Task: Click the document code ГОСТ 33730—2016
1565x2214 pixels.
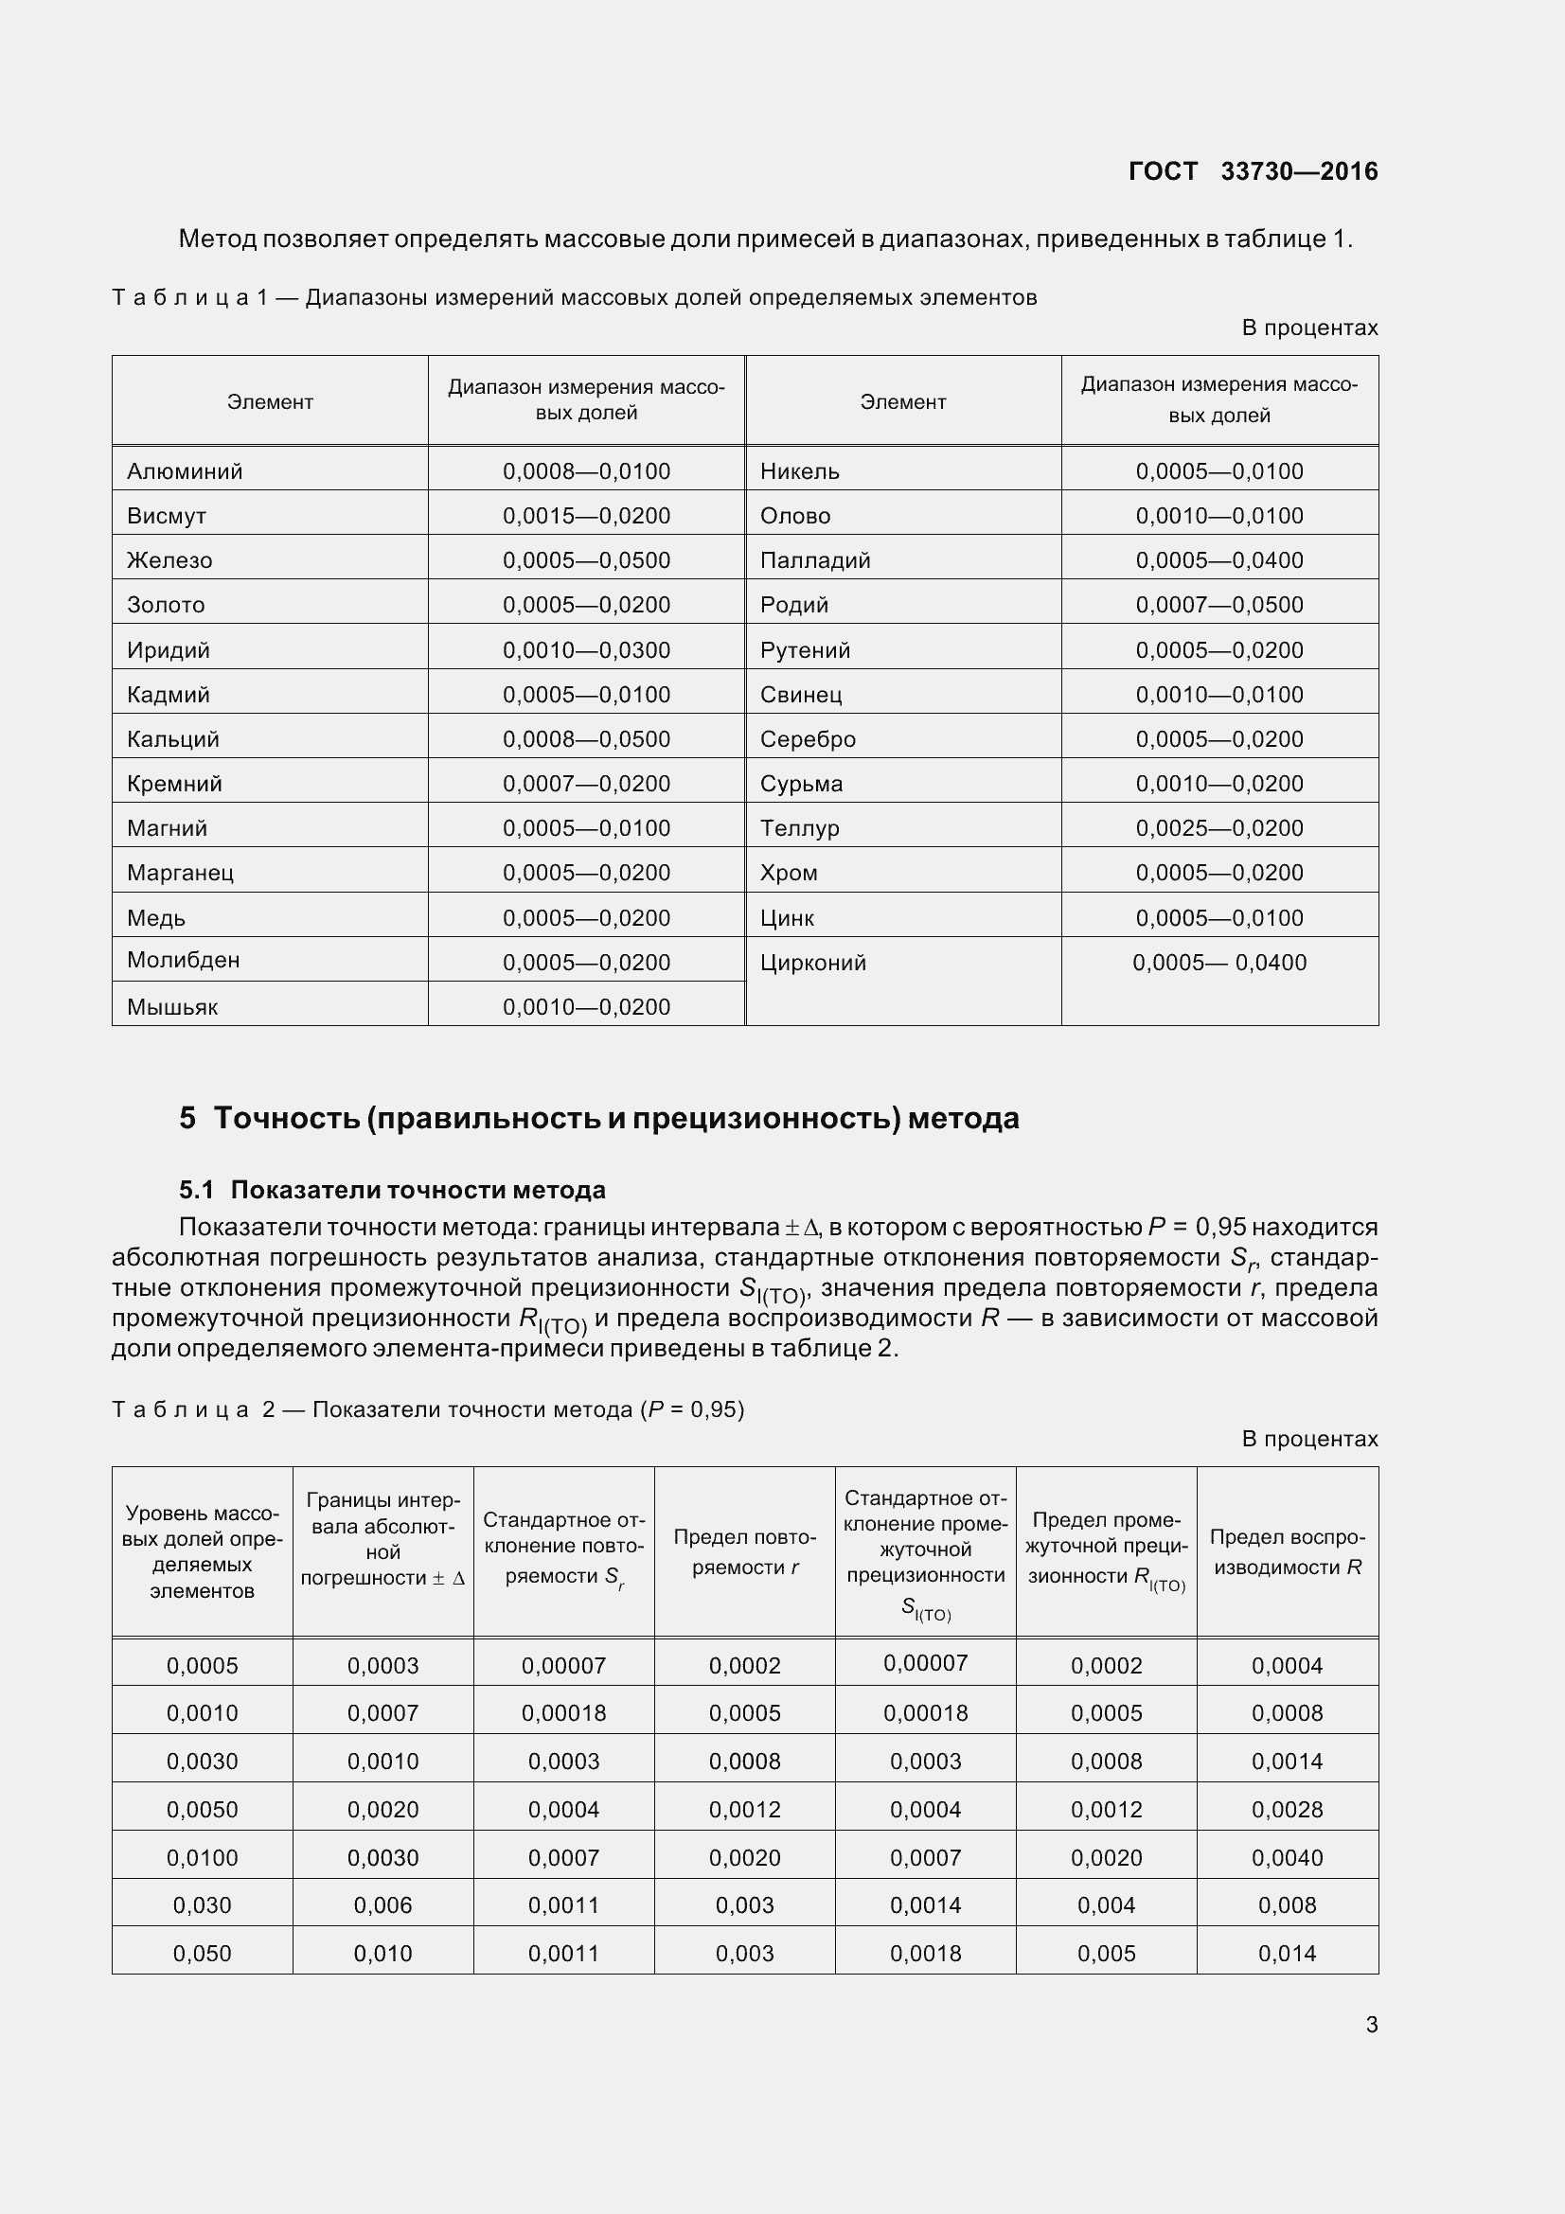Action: click(1253, 171)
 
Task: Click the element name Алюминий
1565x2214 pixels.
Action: click(185, 471)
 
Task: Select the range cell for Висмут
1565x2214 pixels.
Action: click(586, 516)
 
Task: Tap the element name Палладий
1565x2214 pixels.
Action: click(815, 560)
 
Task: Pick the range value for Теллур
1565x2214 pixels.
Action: click(1218, 828)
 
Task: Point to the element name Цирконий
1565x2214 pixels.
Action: click(813, 963)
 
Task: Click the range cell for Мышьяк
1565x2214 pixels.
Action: click(586, 1007)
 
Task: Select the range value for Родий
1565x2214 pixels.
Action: click(1218, 605)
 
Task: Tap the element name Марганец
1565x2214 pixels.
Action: click(180, 873)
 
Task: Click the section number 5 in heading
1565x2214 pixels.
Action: click(187, 1119)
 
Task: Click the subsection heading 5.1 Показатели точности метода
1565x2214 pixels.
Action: click(393, 1190)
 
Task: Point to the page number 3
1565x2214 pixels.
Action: click(1371, 2025)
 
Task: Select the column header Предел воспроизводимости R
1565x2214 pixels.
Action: click(1287, 1552)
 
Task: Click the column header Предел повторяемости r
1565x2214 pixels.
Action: click(744, 1552)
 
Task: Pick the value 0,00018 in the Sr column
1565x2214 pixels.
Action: click(563, 1713)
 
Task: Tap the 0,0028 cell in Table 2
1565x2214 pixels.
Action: click(1287, 1810)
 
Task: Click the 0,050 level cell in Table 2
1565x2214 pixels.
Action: click(202, 1954)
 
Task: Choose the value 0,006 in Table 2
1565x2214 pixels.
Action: click(382, 1905)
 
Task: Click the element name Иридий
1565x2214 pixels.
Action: click(168, 650)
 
